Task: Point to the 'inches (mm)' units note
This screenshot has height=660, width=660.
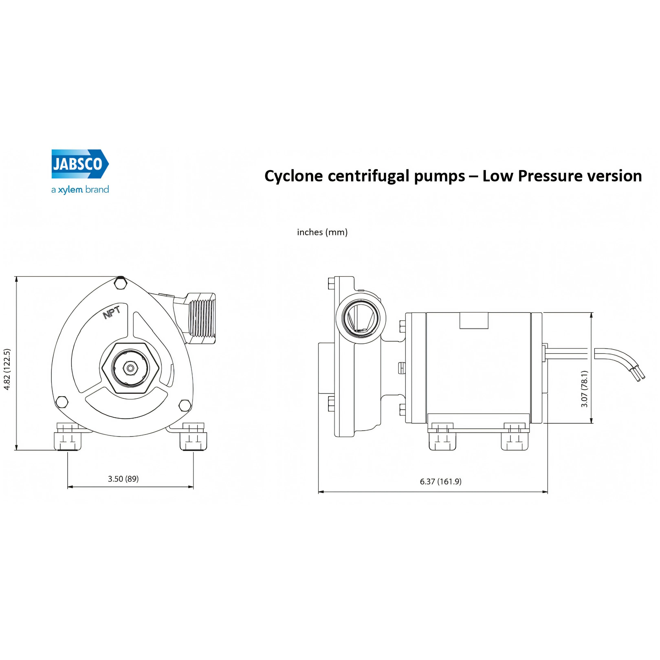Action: pyautogui.click(x=322, y=232)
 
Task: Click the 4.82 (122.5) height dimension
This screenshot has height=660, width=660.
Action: pyautogui.click(x=7, y=369)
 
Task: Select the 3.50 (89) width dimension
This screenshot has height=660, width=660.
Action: pyautogui.click(x=123, y=479)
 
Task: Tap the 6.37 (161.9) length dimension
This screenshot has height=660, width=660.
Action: pyautogui.click(x=441, y=481)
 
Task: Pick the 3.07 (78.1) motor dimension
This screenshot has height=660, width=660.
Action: pyautogui.click(x=584, y=389)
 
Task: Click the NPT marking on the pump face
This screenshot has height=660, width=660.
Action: pyautogui.click(x=112, y=312)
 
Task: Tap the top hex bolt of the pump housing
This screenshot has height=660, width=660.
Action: pyautogui.click(x=121, y=283)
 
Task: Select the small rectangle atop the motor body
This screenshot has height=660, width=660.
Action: pyautogui.click(x=474, y=321)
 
